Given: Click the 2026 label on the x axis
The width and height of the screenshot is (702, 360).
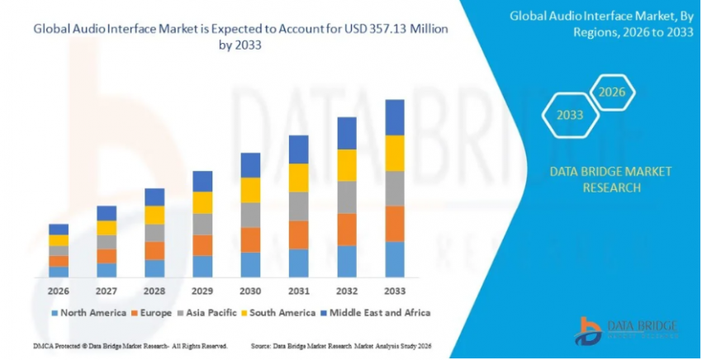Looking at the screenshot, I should tap(59, 291).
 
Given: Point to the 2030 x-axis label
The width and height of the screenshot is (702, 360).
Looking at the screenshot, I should tap(250, 291).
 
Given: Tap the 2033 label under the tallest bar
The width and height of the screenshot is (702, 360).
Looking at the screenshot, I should tap(395, 291).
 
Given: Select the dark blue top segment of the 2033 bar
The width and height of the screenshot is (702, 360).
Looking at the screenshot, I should tap(395, 117).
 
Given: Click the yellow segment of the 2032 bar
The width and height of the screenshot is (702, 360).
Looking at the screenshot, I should tap(347, 165).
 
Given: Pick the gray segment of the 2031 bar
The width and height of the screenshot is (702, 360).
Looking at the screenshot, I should tap(299, 206).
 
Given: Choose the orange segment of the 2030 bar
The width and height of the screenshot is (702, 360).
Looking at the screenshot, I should tap(250, 239).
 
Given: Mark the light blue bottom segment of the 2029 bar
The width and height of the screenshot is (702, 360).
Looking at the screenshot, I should tap(202, 266).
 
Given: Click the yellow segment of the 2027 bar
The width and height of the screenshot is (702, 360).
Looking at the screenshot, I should tap(107, 228).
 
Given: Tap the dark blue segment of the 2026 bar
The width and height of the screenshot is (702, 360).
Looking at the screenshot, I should tap(59, 230).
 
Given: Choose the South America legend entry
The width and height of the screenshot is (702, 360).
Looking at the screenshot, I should tap(278, 313).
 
